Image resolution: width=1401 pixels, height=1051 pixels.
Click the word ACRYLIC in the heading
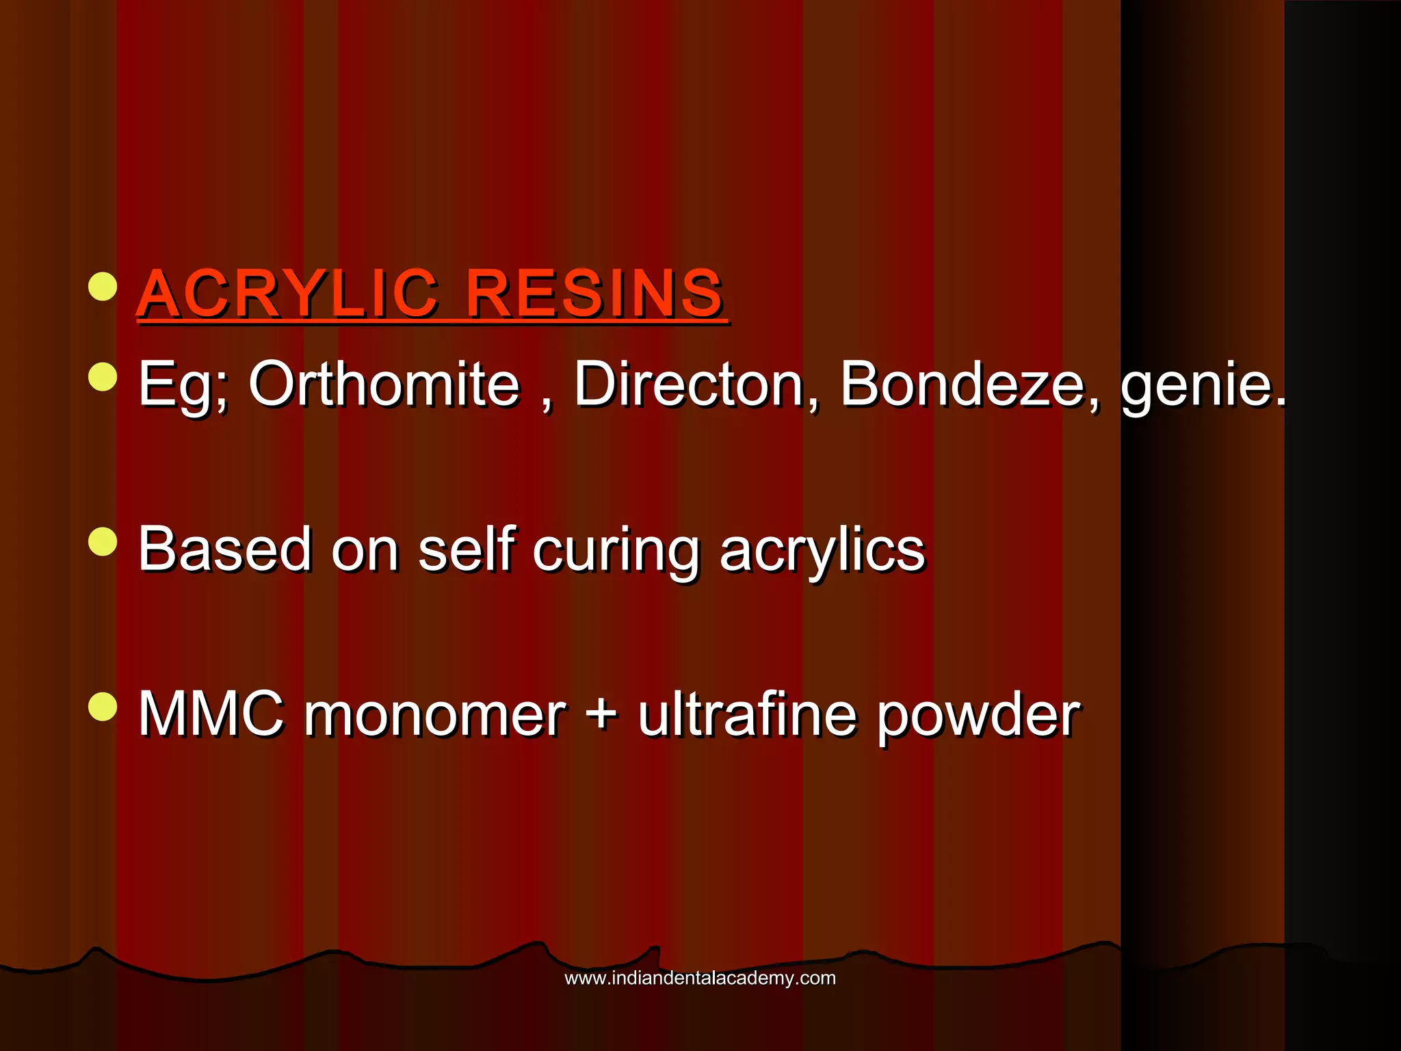[287, 294]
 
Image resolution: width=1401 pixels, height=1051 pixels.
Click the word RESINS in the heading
[594, 294]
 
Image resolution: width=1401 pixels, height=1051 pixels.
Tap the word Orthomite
[384, 384]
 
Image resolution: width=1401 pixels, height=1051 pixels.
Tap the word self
[466, 549]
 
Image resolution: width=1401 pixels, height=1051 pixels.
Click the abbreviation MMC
[211, 714]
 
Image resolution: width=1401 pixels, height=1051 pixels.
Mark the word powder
[979, 717]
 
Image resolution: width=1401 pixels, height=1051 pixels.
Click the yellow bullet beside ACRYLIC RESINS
[103, 287]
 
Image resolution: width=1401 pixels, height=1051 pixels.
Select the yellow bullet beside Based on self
[103, 541]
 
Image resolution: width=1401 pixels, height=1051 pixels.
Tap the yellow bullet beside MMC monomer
[103, 707]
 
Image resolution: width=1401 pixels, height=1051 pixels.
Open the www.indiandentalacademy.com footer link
[700, 978]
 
